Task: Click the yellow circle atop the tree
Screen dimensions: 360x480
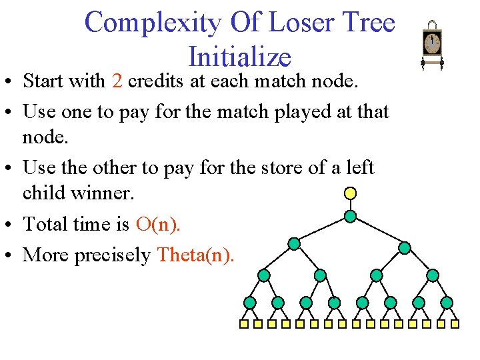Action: (x=350, y=193)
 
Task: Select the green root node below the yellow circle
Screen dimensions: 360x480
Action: (x=350, y=216)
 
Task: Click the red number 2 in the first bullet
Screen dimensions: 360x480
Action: (x=117, y=81)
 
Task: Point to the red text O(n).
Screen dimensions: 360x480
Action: (x=157, y=224)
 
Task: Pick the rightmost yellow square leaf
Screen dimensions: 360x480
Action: (x=455, y=325)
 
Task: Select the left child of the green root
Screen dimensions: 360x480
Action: (x=293, y=245)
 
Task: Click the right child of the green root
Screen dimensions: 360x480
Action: (x=405, y=247)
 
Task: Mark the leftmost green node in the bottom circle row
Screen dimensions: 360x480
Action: (x=249, y=303)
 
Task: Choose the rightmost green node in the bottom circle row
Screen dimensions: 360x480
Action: (x=447, y=303)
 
